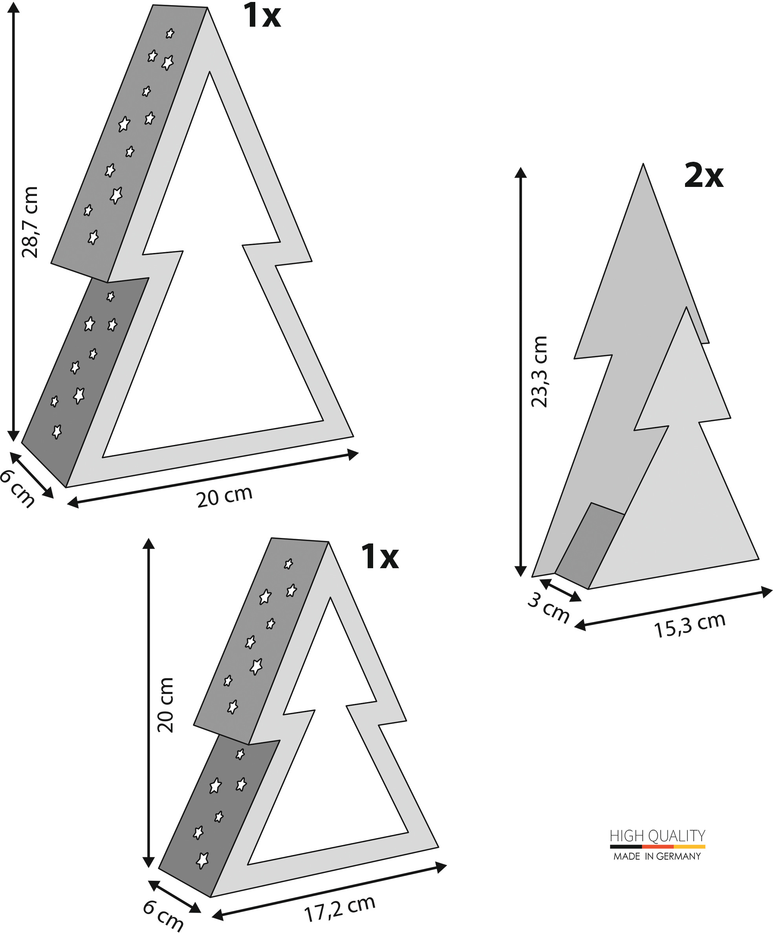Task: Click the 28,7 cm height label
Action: [30, 222]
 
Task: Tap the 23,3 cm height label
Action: [539, 371]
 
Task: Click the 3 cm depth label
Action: [548, 607]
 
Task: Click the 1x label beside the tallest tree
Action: [262, 16]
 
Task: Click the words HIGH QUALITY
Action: [658, 836]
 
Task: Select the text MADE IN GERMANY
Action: [657, 856]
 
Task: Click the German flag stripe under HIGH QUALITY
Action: [658, 847]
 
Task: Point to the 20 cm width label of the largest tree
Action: [225, 497]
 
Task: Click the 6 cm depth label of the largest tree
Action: [16, 489]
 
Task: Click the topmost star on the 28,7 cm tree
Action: [170, 33]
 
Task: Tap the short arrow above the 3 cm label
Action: [560, 590]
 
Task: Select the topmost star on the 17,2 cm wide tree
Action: [288, 564]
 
